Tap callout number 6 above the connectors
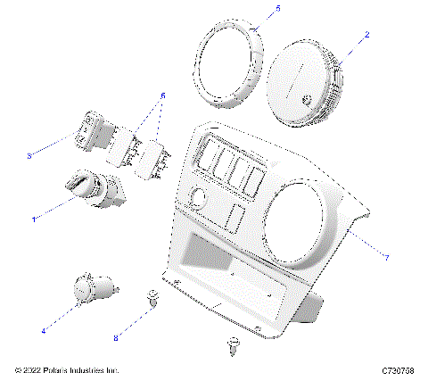(x=161, y=95)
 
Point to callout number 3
(x=29, y=156)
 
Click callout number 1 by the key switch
(x=35, y=219)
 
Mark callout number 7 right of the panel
(x=385, y=258)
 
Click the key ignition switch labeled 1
(x=88, y=190)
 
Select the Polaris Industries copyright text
(x=68, y=369)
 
